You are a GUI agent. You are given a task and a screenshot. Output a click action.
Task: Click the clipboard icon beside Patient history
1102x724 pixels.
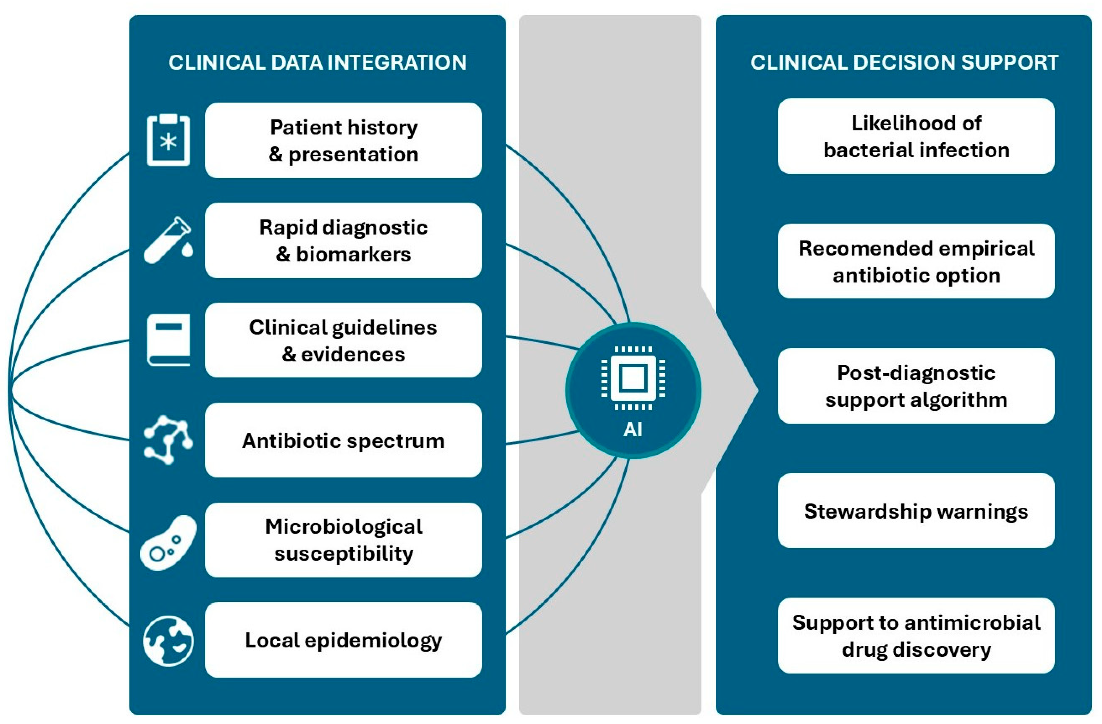168,140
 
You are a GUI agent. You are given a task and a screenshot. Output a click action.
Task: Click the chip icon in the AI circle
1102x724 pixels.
633,378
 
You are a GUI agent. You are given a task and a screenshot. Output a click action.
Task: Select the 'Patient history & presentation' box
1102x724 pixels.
343,140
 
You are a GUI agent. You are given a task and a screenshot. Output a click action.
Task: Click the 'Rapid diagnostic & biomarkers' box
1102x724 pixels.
343,240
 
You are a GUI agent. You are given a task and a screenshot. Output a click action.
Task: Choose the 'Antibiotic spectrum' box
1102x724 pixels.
343,440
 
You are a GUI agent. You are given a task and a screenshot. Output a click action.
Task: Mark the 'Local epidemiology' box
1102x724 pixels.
343,640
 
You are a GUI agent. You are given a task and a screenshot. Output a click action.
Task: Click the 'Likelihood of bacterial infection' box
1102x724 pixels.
916,136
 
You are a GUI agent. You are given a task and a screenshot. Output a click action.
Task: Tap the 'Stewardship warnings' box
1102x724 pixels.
916,510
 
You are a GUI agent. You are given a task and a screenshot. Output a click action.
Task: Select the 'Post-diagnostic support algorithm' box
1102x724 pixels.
916,386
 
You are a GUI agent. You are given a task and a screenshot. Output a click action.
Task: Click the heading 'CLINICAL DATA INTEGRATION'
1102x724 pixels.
318,63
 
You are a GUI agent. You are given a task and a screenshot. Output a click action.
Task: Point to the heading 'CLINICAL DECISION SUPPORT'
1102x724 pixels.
904,63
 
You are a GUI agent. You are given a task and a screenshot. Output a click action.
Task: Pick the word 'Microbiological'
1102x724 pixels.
343,527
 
